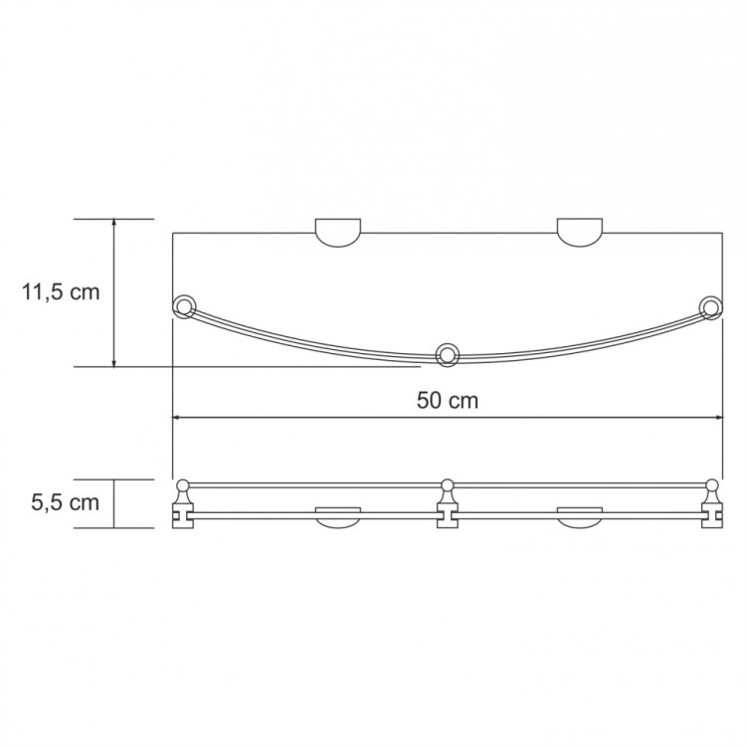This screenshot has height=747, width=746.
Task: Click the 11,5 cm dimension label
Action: pyautogui.click(x=60, y=292)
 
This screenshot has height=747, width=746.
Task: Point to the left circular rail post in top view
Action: pyautogui.click(x=184, y=306)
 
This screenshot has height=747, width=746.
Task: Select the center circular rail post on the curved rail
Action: pyautogui.click(x=448, y=353)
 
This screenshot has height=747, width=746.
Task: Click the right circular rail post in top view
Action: pyautogui.click(x=710, y=306)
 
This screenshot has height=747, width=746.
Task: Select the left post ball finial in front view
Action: pyautogui.click(x=183, y=486)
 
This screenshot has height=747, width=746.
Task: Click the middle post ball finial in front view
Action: pyautogui.click(x=448, y=486)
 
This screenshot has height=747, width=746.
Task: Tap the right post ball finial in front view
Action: pyautogui.click(x=711, y=486)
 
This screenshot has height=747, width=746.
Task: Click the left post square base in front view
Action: pyautogui.click(x=183, y=516)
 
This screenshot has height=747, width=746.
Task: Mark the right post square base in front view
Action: pyautogui.click(x=711, y=516)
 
